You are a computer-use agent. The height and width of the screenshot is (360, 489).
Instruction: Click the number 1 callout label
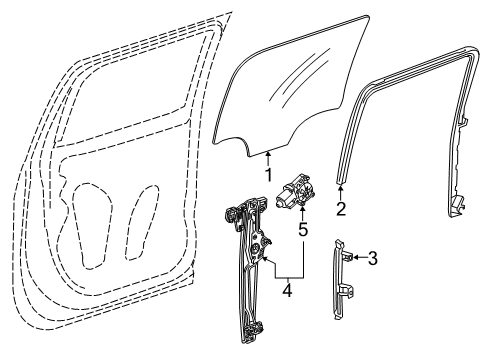pos(268,172)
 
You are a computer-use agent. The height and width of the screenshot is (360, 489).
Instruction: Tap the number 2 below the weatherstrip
pos(340,209)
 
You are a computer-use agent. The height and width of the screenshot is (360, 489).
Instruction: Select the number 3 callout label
pos(372,259)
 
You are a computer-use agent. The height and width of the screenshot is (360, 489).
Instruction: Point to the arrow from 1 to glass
pos(268,155)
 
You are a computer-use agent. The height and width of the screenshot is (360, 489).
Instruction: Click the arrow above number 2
pos(340,192)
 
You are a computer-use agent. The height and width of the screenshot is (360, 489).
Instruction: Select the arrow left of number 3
pos(357,258)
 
